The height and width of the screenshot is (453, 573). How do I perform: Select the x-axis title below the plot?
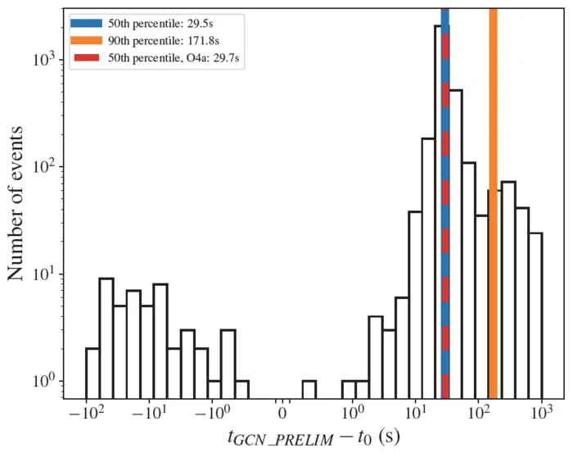click(314, 437)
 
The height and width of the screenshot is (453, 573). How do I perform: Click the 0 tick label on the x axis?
click(283, 410)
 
